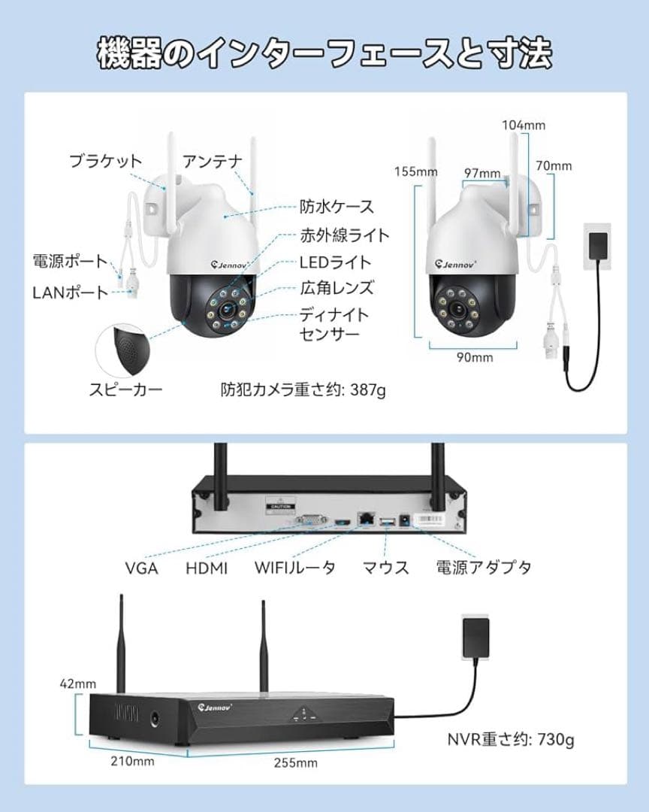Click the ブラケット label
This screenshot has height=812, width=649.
click(105, 160)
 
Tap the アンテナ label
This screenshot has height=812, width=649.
click(213, 160)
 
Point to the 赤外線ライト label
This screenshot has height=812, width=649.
click(345, 235)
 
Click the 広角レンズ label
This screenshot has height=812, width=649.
click(336, 287)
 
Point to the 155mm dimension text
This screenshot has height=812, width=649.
click(415, 171)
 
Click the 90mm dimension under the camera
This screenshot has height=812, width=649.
click(474, 358)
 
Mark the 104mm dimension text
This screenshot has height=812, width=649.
click(524, 125)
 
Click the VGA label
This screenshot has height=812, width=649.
click(141, 568)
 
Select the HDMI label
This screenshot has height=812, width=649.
click(207, 568)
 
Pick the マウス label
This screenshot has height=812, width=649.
click(385, 568)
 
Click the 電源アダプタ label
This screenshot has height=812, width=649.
click(484, 568)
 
